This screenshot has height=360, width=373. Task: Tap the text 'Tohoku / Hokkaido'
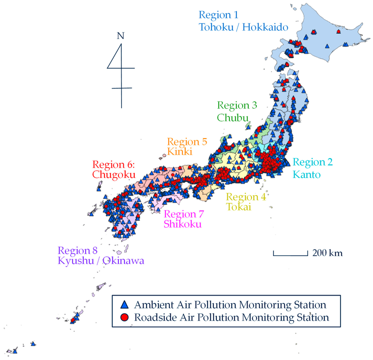(244, 27)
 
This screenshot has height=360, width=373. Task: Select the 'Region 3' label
(237, 105)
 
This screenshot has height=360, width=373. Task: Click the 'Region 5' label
(187, 142)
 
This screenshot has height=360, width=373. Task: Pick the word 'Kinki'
(178, 152)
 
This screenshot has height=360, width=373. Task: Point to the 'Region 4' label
(246, 196)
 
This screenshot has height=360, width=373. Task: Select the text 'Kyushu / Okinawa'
(101, 261)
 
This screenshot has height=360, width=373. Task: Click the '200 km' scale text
(327, 253)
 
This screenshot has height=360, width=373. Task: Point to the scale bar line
(291, 254)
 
